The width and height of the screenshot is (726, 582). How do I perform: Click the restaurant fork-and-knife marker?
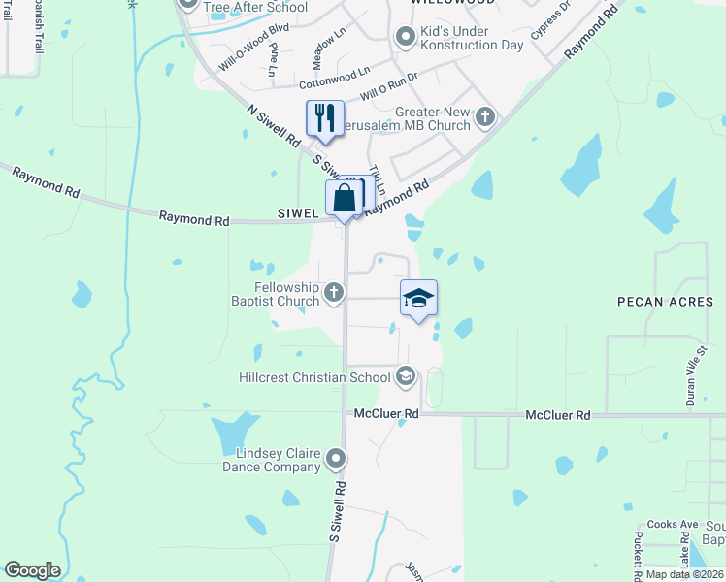(x=325, y=118)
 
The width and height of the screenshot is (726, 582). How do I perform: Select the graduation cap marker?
(x=417, y=298)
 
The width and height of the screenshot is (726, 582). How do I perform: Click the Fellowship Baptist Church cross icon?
(x=334, y=292)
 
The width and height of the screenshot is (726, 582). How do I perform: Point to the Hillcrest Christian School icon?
(x=406, y=375)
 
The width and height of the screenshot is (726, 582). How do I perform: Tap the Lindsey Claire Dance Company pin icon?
(x=337, y=458)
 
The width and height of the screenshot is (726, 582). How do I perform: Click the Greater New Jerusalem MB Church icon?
(x=485, y=118)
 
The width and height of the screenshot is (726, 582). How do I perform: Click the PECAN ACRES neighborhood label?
(x=665, y=302)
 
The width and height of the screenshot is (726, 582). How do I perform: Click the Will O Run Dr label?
(x=388, y=86)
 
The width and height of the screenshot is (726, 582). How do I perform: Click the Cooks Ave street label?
(x=673, y=525)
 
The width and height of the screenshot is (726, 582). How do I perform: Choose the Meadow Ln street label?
(x=331, y=42)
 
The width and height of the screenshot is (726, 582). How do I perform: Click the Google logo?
(x=32, y=570)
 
